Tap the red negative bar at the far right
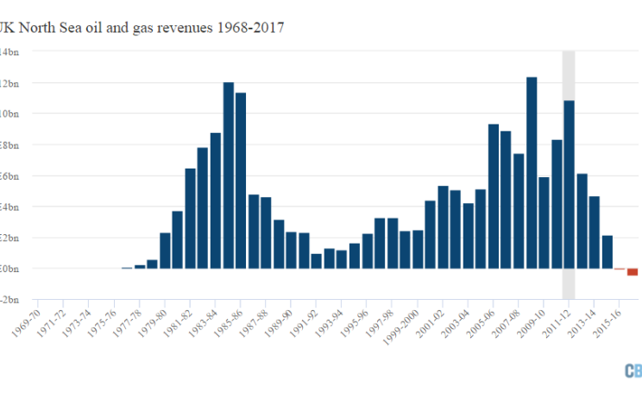point(633,272)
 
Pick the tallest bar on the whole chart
point(532,173)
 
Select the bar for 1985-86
point(241,181)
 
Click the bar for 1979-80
point(165,251)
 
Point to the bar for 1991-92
point(317,261)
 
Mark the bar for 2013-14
point(595,232)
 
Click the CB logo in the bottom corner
point(633,371)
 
